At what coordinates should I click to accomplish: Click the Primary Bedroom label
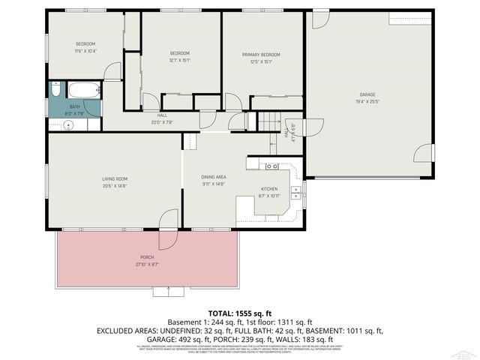pos(261,55)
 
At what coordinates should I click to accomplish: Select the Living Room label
pos(115,178)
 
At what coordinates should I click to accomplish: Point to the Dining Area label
pos(213,177)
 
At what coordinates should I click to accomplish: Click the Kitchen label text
pos(269,189)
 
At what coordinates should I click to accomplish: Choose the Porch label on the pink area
pos(147,257)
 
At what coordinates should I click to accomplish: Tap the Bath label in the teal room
pos(75,107)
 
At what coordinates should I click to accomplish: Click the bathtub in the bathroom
pos(82,91)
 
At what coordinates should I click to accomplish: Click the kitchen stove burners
pos(272,165)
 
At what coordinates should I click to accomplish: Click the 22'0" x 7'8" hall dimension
pos(162,121)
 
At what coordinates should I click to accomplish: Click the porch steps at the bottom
pos(167,291)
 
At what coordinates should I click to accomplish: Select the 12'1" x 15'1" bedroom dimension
pos(180,60)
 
